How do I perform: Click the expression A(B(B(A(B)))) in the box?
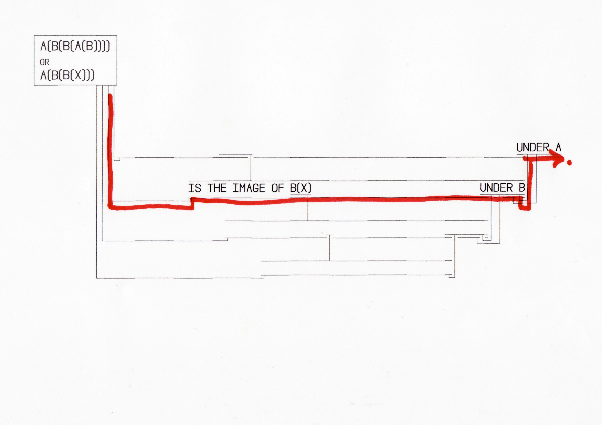75,46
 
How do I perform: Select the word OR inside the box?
44,62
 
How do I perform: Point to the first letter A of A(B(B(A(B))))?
43,46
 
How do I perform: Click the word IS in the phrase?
195,188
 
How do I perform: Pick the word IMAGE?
249,188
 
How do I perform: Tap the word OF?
277,188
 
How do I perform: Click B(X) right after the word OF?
300,188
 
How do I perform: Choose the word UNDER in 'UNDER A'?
532,148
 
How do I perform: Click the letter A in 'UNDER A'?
558,148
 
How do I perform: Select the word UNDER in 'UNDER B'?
496,188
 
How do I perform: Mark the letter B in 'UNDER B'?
522,188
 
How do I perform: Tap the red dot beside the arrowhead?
569,163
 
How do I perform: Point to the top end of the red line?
110,96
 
